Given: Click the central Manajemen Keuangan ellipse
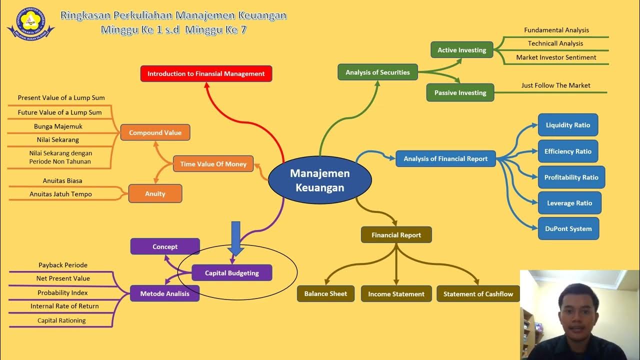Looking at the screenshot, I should [x=320, y=180].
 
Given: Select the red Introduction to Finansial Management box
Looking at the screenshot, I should [x=206, y=73].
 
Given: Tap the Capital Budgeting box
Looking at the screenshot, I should [x=232, y=273].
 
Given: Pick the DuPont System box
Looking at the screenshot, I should [x=568, y=229].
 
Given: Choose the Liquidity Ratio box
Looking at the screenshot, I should [x=567, y=125].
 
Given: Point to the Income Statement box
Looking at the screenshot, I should [x=396, y=294].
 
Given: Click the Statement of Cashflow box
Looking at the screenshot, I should [x=478, y=294].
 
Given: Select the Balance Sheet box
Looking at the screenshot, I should [x=325, y=293].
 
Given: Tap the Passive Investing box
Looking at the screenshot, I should [x=460, y=92].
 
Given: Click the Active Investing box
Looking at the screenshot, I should [x=461, y=50].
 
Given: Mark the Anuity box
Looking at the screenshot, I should [x=155, y=193].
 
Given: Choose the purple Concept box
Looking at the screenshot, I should [x=165, y=246].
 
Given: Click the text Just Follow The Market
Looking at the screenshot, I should [x=555, y=85].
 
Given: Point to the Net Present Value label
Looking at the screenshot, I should [x=63, y=278].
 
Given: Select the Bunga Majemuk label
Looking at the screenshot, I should [x=58, y=126].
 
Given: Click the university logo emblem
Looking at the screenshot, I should [x=31, y=22].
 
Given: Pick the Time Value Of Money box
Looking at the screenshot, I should [x=213, y=164].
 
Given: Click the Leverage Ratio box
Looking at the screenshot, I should [x=569, y=203].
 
